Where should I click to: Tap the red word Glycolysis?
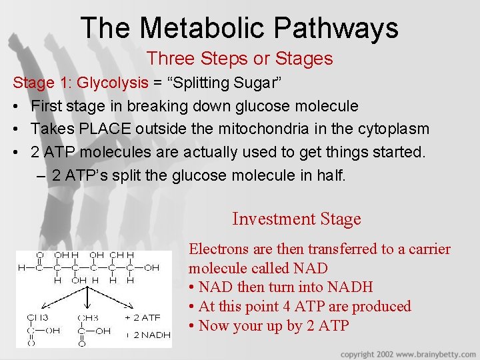[113, 83]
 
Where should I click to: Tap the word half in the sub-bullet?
[331, 175]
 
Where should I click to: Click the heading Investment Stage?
[297, 219]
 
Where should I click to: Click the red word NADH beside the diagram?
[349, 287]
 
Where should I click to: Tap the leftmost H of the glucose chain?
[22, 267]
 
